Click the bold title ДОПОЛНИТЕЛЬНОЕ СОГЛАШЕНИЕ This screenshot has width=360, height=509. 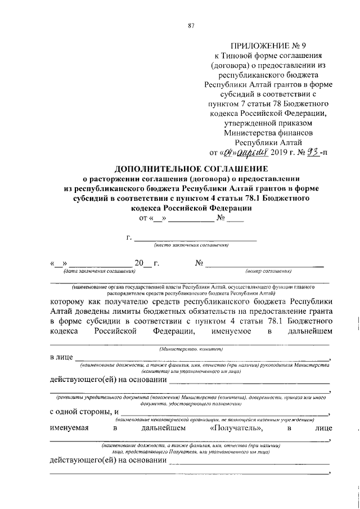(x=191, y=168)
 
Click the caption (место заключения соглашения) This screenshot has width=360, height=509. (x=191, y=245)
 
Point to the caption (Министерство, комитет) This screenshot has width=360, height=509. (x=191, y=349)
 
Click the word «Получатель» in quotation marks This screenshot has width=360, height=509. (x=236, y=429)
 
